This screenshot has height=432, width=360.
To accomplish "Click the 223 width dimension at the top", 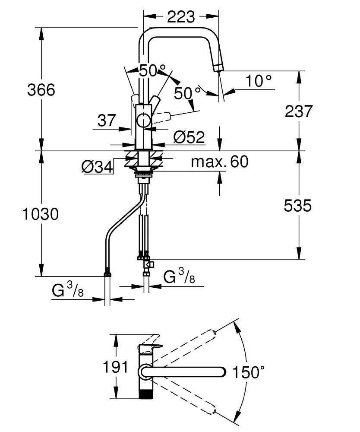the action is point(181,17).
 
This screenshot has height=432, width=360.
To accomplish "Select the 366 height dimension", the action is point(41,90).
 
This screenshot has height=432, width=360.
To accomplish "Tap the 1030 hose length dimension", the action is point(41,214).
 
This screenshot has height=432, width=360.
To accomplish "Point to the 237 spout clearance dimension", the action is point(299,111).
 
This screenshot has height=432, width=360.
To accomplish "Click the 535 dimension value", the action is point(298,206).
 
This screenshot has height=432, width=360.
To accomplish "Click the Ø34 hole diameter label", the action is point(97,167).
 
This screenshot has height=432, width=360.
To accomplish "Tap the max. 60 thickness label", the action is point(220,162).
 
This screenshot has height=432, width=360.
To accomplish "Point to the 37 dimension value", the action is point(107,121).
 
